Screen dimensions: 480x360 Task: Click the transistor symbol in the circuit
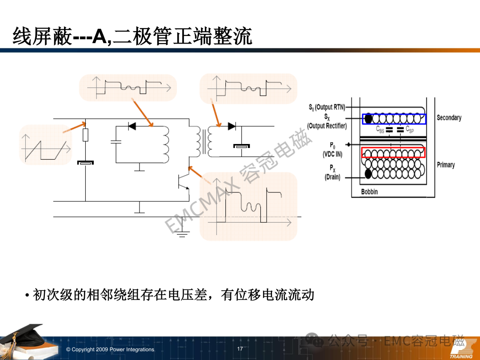184,183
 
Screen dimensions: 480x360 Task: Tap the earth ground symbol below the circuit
182,234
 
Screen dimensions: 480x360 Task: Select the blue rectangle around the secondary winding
394,119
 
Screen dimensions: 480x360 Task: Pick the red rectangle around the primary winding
393,152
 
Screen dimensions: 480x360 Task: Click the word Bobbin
369,192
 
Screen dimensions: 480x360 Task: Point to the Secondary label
449,118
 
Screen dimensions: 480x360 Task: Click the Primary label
446,165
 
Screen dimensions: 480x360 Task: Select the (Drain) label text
332,177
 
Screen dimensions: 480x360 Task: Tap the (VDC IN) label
332,154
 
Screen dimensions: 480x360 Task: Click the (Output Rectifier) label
327,126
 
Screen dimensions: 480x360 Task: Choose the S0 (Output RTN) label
327,107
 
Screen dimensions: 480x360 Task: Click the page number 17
240,349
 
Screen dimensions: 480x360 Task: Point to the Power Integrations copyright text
110,349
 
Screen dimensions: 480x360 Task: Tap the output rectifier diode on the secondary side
232,126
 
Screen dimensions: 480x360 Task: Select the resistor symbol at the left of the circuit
85,135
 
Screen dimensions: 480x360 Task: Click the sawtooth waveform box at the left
46,144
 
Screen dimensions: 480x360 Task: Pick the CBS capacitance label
380,129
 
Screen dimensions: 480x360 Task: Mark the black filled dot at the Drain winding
368,174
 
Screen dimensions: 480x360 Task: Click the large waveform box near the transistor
248,206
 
